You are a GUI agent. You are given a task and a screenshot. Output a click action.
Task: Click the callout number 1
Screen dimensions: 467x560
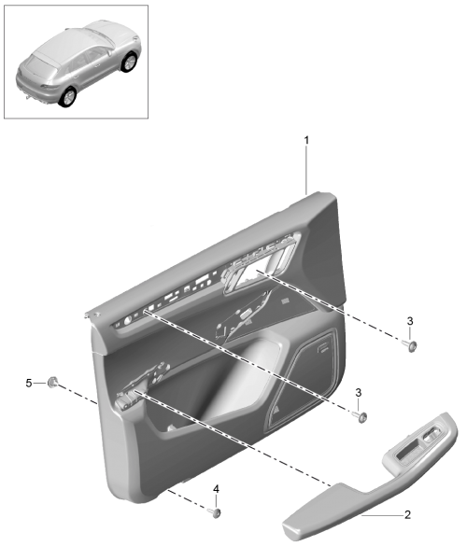coord(306,140)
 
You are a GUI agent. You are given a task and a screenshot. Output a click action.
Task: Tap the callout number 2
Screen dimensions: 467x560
coord(407,514)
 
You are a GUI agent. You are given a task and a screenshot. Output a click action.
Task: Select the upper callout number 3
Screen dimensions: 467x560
coord(410,321)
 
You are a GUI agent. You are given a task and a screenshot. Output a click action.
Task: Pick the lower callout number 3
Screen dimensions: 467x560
coord(358,393)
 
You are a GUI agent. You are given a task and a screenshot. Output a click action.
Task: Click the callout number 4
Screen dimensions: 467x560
coord(216,489)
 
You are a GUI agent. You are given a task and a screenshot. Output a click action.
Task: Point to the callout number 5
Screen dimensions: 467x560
coord(29,384)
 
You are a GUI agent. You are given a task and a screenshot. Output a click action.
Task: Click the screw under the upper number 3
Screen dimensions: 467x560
coord(410,346)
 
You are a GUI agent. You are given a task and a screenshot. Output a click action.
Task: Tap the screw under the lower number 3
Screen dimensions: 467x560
coord(360,416)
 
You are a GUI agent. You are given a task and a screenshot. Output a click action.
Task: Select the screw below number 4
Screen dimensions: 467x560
coord(215,513)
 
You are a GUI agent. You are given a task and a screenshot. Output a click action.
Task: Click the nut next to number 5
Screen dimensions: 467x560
coord(52,382)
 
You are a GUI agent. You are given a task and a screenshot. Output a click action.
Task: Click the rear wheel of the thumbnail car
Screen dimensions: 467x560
coord(67,97)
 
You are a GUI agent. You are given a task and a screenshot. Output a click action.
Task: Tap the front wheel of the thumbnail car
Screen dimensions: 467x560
coord(129,62)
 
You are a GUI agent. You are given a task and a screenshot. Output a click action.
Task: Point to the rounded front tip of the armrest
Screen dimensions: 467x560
coord(291,528)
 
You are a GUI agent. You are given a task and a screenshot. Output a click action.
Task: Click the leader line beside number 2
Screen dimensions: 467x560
coord(382,515)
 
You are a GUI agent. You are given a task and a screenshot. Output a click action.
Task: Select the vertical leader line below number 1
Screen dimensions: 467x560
coord(306,171)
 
